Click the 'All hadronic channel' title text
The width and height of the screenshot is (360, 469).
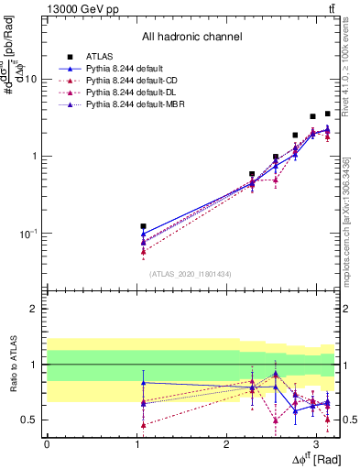pyautogui.click(x=191, y=37)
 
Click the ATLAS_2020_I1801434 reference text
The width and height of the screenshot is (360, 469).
pyautogui.click(x=191, y=273)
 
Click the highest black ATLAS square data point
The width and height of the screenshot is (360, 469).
pyautogui.click(x=328, y=114)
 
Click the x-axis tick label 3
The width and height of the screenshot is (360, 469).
pyautogui.click(x=316, y=443)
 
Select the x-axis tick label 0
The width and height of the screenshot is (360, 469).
pyautogui.click(x=47, y=443)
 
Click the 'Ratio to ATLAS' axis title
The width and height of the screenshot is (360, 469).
pyautogui.click(x=13, y=364)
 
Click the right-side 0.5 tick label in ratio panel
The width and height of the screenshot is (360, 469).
pyautogui.click(x=347, y=420)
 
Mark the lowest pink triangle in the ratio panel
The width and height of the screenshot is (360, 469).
pyautogui.click(x=143, y=424)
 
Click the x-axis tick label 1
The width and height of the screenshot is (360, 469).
pyautogui.click(x=136, y=443)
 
